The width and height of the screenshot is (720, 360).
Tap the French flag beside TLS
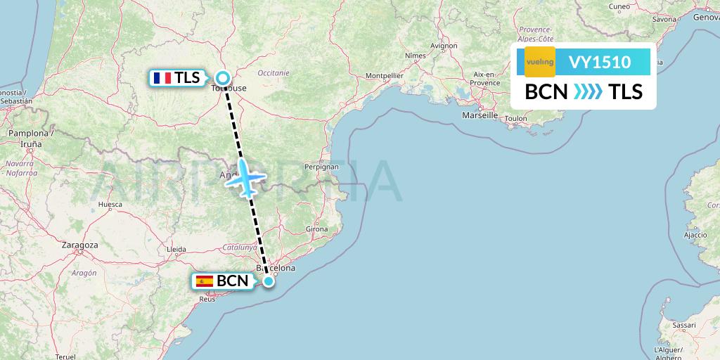click(x=162, y=78)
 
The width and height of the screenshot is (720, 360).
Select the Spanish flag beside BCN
click(x=205, y=281)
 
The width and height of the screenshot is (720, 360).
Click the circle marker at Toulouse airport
click(x=223, y=78)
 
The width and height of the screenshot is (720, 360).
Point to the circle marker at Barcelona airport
click(x=268, y=281)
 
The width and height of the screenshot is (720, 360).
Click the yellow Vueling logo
click(x=540, y=63)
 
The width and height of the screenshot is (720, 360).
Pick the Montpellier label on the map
click(x=385, y=75)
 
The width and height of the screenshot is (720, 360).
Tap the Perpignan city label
click(x=322, y=167)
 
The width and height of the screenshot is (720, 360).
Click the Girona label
click(x=317, y=229)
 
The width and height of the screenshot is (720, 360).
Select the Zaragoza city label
click(x=79, y=245)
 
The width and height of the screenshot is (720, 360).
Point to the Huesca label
click(x=110, y=205)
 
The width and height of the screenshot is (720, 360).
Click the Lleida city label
click(x=175, y=249)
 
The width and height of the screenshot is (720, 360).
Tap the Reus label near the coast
click(x=207, y=299)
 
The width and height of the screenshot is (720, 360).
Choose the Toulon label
click(x=515, y=119)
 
